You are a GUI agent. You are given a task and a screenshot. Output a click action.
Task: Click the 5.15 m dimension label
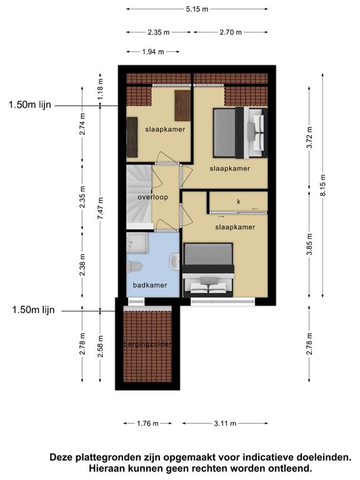(x=197, y=9)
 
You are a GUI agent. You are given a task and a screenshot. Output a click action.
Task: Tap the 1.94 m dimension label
(x=153, y=52)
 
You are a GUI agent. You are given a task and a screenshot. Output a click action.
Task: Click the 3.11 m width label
(x=225, y=423)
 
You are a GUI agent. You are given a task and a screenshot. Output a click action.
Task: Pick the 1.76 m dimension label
(x=147, y=423)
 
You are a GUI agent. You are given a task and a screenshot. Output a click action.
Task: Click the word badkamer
(x=150, y=285)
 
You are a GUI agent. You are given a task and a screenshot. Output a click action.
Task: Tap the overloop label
(x=152, y=197)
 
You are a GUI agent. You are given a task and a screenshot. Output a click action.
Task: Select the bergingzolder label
(x=147, y=344)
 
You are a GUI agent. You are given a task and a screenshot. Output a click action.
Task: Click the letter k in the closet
(x=239, y=201)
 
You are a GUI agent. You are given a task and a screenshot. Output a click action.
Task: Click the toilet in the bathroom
(x=134, y=266)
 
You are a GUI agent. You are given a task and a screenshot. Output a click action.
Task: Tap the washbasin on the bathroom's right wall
(x=174, y=262)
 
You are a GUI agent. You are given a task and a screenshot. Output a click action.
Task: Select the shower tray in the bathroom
(x=137, y=242)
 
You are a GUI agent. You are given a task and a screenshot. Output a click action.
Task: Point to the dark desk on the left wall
(x=132, y=137)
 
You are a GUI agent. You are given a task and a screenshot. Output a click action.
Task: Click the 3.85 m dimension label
(x=309, y=244)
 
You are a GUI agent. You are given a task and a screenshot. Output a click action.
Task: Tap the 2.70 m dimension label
(x=231, y=32)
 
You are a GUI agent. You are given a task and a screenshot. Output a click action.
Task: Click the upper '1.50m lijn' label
(x=30, y=105)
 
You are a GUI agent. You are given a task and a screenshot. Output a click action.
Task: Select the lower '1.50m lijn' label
(x=33, y=310)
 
